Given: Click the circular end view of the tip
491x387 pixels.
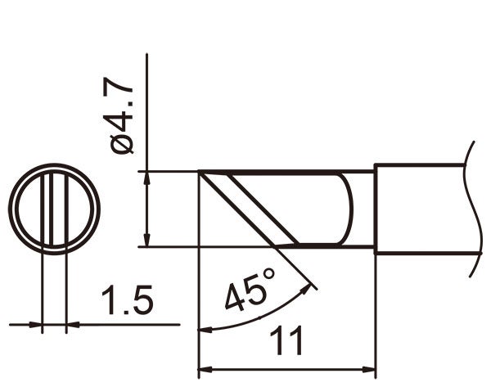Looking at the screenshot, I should coord(54,209).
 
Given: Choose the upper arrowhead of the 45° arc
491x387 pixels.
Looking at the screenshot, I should coord(311,287).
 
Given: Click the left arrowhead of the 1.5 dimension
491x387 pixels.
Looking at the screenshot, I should coord(35,325).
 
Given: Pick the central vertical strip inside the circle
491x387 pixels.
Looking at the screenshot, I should coord(54,209).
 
